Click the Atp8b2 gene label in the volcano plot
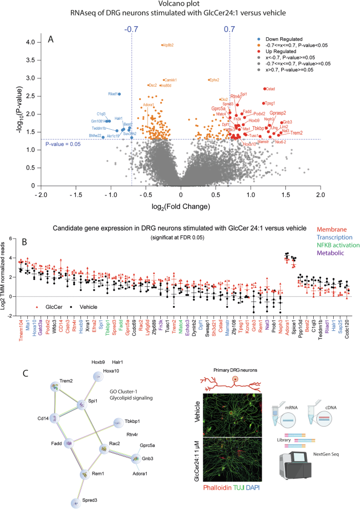coord(168,45)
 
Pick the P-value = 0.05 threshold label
coord(65,143)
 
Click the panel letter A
coord(51,38)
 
